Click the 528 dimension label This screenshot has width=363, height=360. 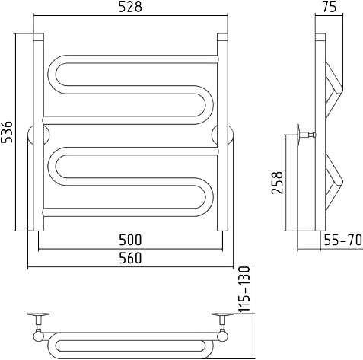[x=130, y=7]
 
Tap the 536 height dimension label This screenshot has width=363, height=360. [x=7, y=132]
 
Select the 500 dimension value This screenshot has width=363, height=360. [x=130, y=240]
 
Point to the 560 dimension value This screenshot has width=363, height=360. [x=130, y=258]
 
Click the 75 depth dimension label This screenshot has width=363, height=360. [x=330, y=7]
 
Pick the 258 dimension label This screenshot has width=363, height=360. [x=277, y=183]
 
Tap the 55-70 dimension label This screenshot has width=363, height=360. [x=343, y=240]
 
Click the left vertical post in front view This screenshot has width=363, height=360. [x=39, y=132]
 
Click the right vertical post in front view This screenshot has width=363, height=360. [x=223, y=132]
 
